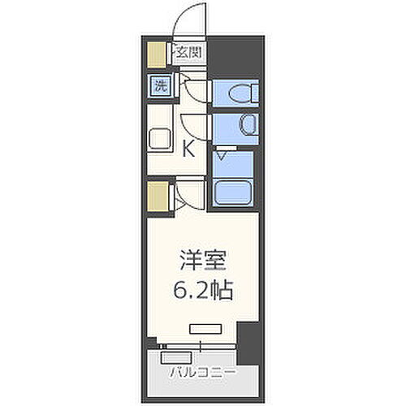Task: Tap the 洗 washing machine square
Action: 161,86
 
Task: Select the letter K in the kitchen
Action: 188,149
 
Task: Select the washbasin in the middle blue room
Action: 244,126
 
